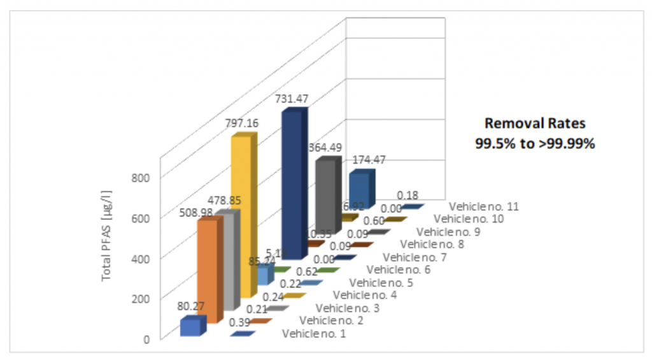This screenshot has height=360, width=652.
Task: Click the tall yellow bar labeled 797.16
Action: pos(243,217)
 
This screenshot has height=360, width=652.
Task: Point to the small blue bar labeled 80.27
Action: pos(190,327)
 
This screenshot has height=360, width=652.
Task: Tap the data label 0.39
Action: pos(239,323)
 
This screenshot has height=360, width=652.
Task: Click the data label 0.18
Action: pos(407,195)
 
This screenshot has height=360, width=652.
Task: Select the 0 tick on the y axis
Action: pos(146,338)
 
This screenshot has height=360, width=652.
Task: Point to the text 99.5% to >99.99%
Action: pos(534,143)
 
